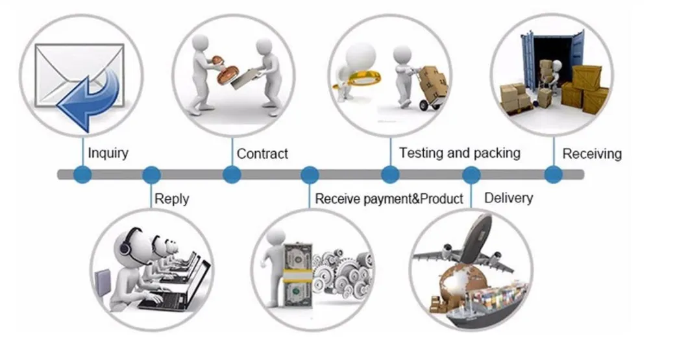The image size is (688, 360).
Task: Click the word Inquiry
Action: click(108, 154)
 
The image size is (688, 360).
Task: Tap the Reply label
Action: click(171, 198)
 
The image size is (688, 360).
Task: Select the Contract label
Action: click(262, 154)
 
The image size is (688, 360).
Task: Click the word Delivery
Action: click(508, 198)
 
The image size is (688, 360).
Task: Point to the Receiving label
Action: click(591, 154)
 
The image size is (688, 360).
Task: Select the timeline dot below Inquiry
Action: click(82, 174)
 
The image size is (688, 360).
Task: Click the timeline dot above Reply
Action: click(151, 174)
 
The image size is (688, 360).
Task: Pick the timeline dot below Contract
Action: click(232, 174)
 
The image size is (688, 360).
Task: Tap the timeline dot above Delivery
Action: click(471, 174)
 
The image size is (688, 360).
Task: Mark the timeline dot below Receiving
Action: click(553, 174)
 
